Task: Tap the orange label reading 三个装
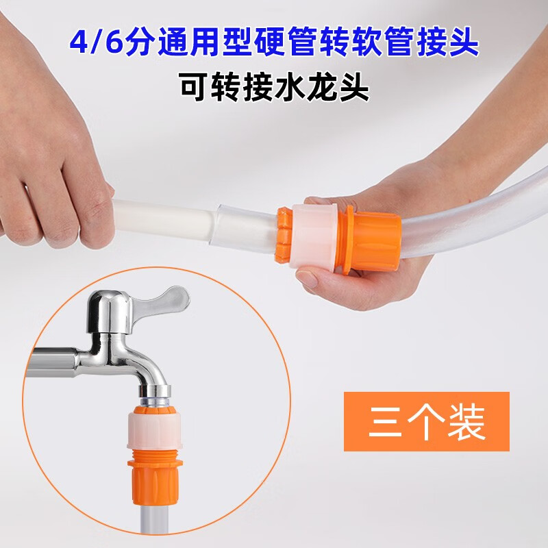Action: click(x=426, y=421)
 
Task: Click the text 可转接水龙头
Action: click(x=274, y=87)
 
